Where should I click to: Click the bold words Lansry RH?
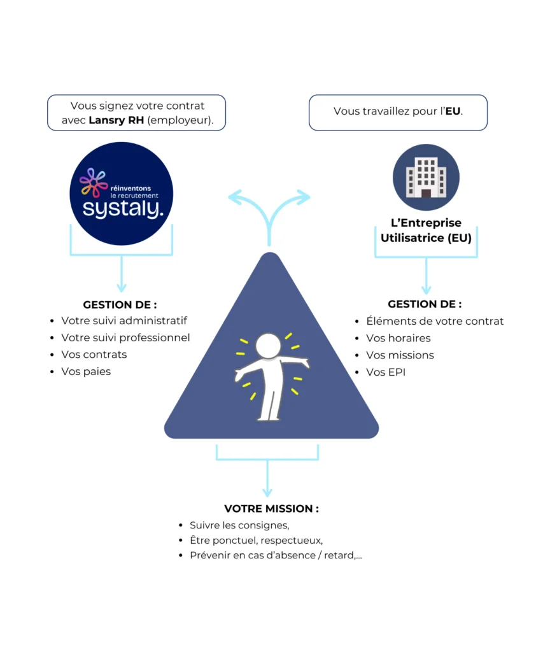[x=116, y=120]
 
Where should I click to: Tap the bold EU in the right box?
[x=453, y=111]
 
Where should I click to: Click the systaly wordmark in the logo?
[x=123, y=209]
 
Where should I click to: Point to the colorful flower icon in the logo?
[x=94, y=182]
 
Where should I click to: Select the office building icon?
[x=426, y=177]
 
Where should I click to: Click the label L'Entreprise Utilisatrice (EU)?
[x=426, y=230]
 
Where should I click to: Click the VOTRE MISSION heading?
[x=271, y=509]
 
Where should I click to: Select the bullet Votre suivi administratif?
[x=124, y=321]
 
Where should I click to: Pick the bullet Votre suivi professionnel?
[x=125, y=337]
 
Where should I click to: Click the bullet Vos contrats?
[x=94, y=355]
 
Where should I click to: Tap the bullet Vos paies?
[x=86, y=372]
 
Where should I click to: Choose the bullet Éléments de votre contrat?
[x=435, y=321]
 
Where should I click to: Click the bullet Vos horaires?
[x=398, y=338]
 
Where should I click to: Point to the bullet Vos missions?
[x=400, y=355]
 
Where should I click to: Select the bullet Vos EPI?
[x=386, y=372]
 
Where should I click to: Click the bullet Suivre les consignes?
[x=239, y=525]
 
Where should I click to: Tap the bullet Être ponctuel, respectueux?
[x=256, y=541]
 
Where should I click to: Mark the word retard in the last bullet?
[x=339, y=555]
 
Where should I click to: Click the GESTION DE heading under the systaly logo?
[x=120, y=305]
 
